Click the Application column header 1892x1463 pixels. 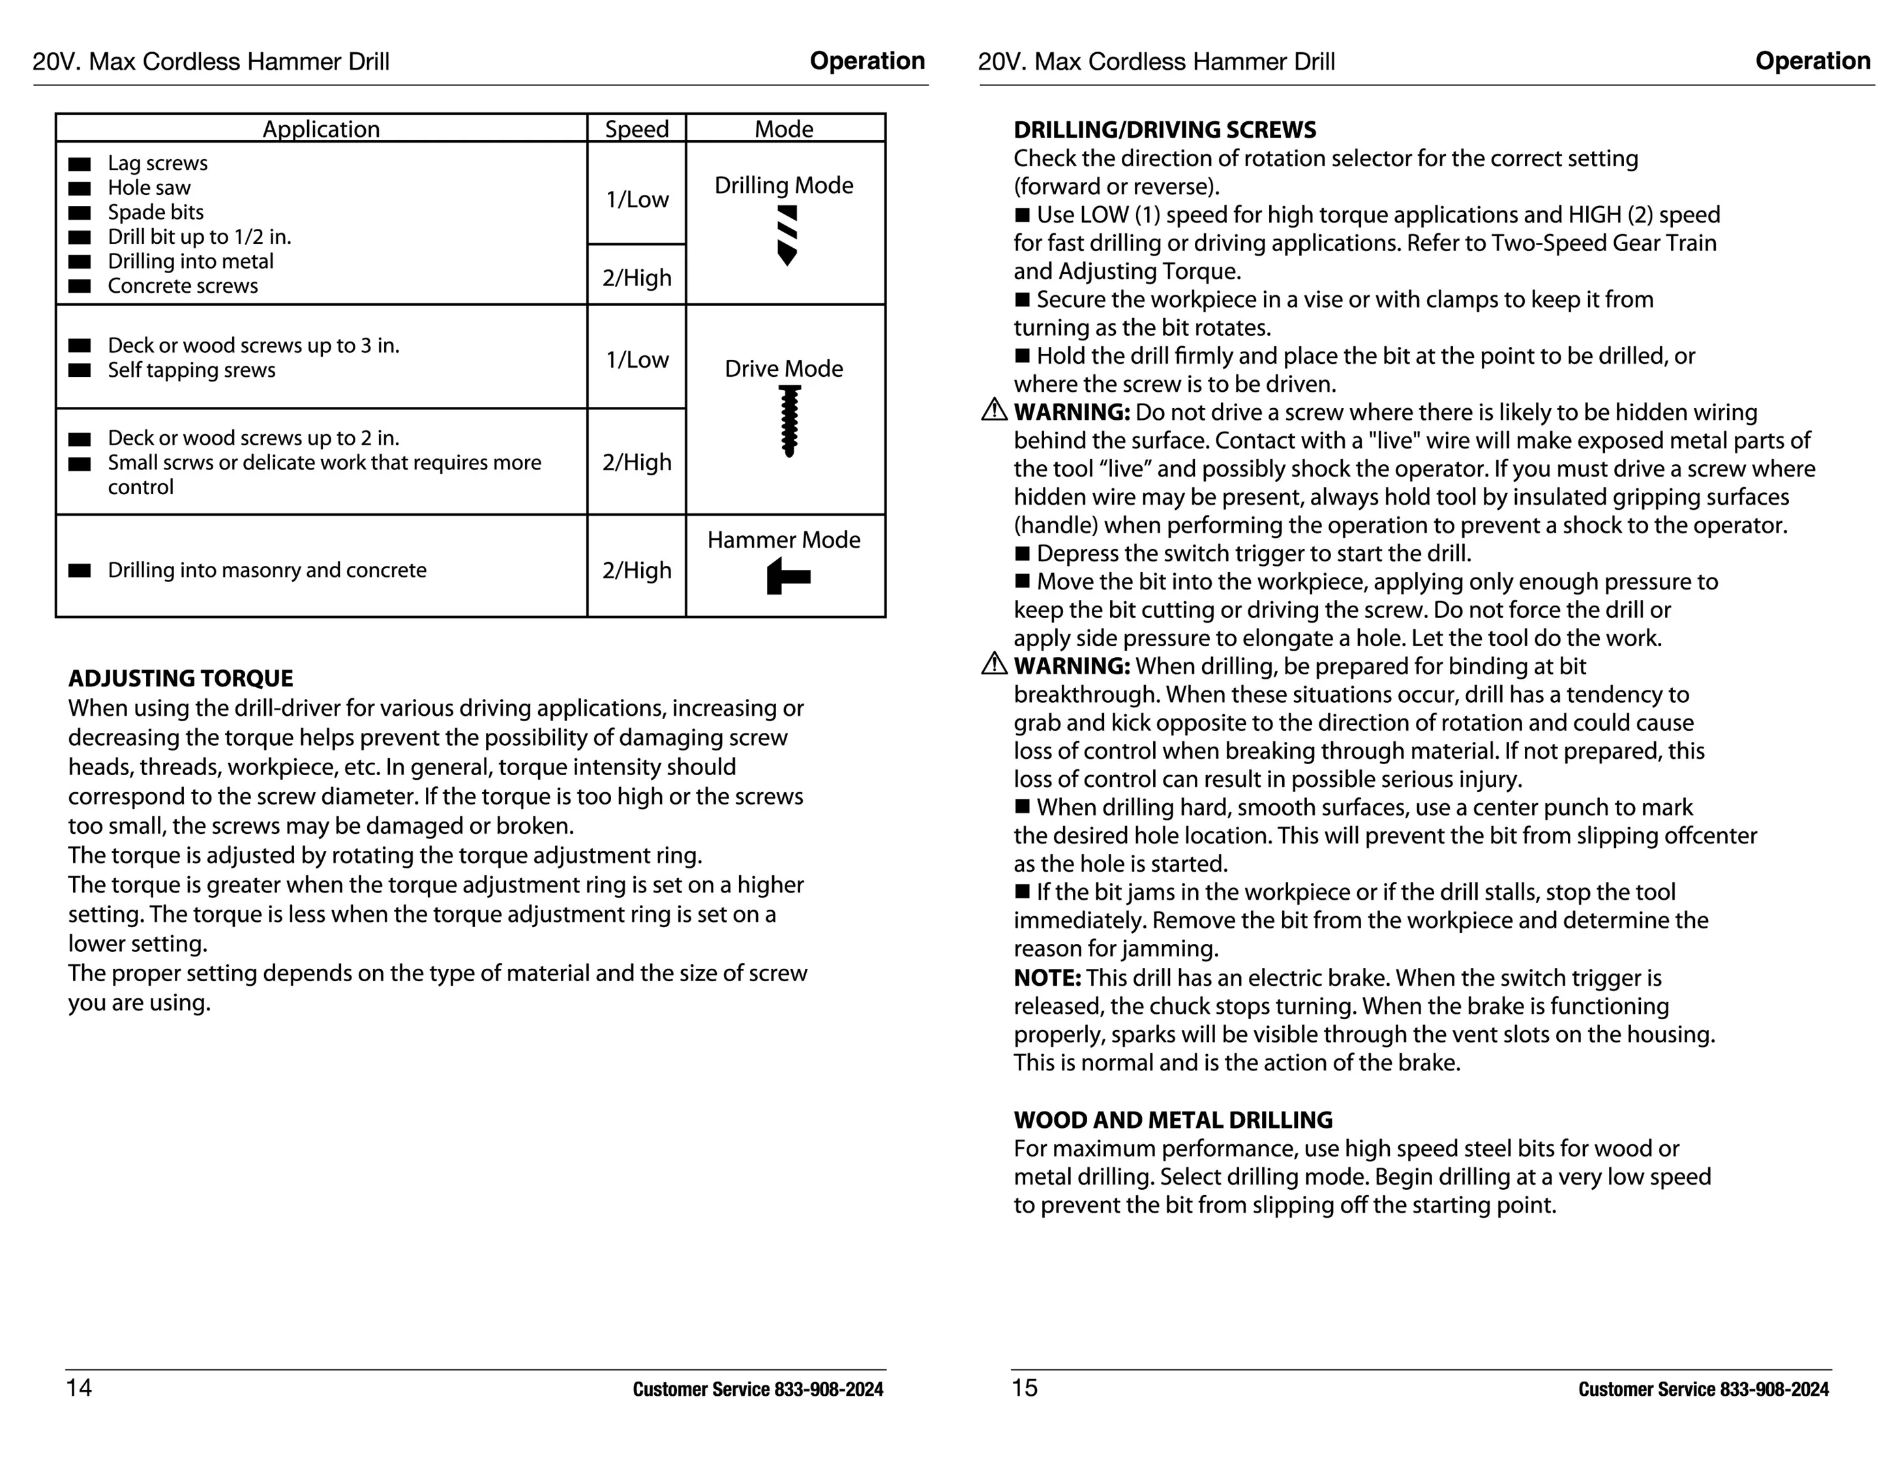pyautogui.click(x=320, y=129)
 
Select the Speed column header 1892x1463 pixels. pyautogui.click(x=637, y=129)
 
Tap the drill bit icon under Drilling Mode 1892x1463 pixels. pyautogui.click(x=787, y=235)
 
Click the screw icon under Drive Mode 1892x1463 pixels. pyautogui.click(x=788, y=421)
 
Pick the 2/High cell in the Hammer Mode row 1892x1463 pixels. pyautogui.click(x=637, y=570)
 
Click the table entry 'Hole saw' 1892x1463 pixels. pyautogui.click(x=149, y=188)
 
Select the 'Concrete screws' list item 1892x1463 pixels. pyautogui.click(x=183, y=286)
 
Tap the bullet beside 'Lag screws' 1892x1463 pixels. pyautogui.click(x=80, y=164)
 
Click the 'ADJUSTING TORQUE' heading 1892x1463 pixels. pyautogui.click(x=180, y=678)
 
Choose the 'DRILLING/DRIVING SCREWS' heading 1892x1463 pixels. pyautogui.click(x=1164, y=130)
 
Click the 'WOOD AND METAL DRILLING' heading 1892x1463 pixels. pyautogui.click(x=1173, y=1120)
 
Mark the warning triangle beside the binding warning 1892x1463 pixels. pyautogui.click(x=994, y=664)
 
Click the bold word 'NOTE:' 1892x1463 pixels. pyautogui.click(x=1047, y=978)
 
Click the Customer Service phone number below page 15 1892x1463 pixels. pyautogui.click(x=1774, y=1389)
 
